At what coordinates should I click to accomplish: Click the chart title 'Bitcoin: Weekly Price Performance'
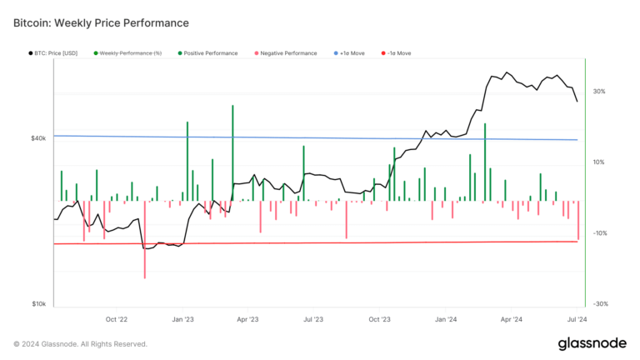click(101, 22)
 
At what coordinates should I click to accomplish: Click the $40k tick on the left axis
click(38, 138)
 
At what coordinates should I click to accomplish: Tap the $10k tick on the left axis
click(38, 304)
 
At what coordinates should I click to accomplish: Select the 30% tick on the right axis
click(599, 92)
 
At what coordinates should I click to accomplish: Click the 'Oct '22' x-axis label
click(117, 319)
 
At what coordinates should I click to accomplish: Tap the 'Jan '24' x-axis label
click(447, 319)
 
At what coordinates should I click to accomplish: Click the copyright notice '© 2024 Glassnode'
click(80, 344)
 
